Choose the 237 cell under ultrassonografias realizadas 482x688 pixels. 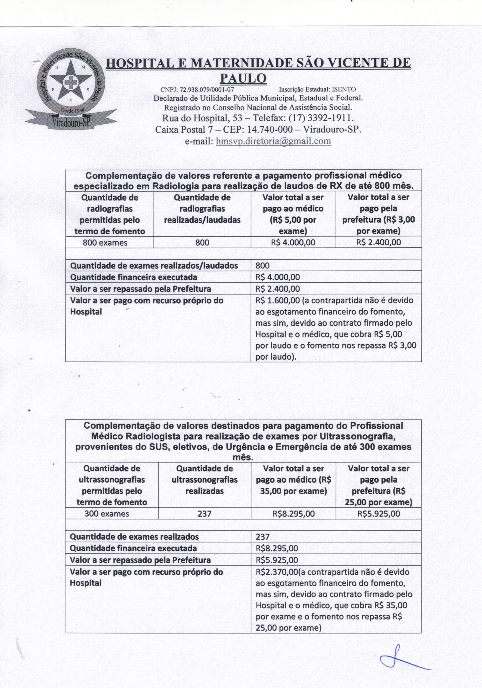coord(205,514)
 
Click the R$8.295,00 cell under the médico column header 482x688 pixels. coord(294,514)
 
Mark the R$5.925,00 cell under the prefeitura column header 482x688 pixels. coord(379,514)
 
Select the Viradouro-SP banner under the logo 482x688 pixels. coord(71,121)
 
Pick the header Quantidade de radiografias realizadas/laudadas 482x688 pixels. coord(202,209)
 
